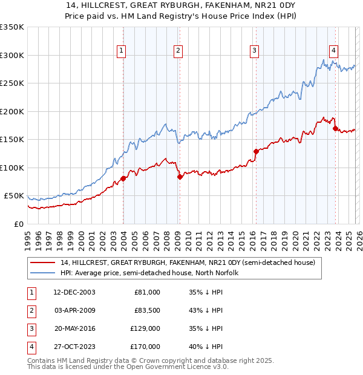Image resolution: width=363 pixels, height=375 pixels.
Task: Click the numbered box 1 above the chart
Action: click(x=122, y=51)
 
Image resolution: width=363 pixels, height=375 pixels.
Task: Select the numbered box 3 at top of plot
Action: click(x=255, y=51)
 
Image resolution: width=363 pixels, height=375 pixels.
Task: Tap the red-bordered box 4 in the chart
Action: click(x=334, y=51)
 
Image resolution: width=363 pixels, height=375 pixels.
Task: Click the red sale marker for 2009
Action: click(x=180, y=177)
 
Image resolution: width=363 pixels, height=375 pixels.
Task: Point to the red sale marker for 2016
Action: click(x=256, y=151)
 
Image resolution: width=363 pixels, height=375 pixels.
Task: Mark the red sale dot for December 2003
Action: click(x=123, y=178)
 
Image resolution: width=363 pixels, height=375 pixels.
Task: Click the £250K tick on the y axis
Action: click(x=12, y=83)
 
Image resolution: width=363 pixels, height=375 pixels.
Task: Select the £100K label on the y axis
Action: click(x=12, y=168)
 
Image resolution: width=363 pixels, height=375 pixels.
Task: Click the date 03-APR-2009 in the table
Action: click(x=74, y=310)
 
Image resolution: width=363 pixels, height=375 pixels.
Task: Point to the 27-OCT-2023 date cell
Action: click(x=74, y=347)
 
